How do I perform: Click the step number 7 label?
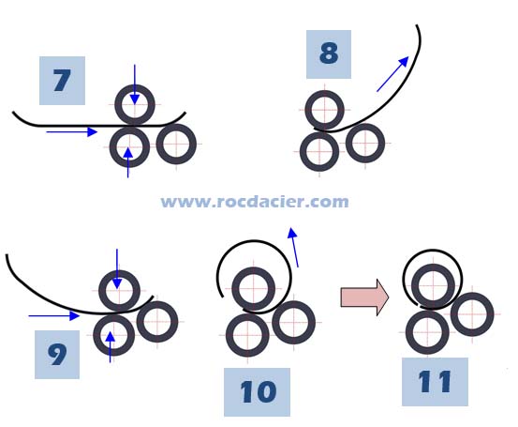[62, 81]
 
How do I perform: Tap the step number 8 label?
[329, 54]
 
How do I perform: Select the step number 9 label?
[57, 354]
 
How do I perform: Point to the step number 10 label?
[257, 392]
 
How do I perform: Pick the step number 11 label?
[435, 382]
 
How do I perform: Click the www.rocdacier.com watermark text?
[255, 202]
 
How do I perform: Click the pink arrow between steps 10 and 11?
[364, 297]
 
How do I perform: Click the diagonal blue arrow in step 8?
[392, 74]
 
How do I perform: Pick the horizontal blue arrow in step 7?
[72, 132]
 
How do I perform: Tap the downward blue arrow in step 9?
[117, 268]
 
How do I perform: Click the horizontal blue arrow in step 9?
[54, 315]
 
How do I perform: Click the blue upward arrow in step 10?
[294, 247]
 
